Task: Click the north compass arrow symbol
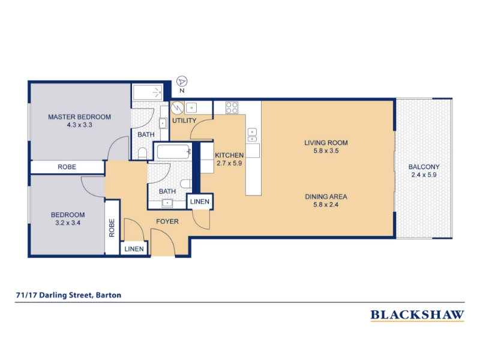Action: pyautogui.click(x=182, y=82)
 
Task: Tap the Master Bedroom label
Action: pyautogui.click(x=79, y=117)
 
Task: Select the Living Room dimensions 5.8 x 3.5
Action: pyautogui.click(x=326, y=151)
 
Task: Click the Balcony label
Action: pyautogui.click(x=424, y=167)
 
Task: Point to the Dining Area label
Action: pyautogui.click(x=326, y=197)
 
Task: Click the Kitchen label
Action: pyautogui.click(x=229, y=155)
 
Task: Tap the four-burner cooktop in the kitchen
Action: pyautogui.click(x=232, y=107)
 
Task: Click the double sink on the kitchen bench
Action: pyautogui.click(x=252, y=135)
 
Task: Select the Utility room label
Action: pyautogui.click(x=184, y=121)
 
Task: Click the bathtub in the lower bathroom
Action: pyautogui.click(x=173, y=152)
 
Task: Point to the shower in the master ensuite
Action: pyautogui.click(x=148, y=92)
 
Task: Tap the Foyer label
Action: pyautogui.click(x=167, y=221)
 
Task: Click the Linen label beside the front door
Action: pyautogui.click(x=134, y=249)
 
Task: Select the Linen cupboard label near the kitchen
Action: pyautogui.click(x=200, y=202)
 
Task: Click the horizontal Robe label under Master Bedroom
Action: pyautogui.click(x=67, y=167)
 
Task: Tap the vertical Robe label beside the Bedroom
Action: pyautogui.click(x=112, y=228)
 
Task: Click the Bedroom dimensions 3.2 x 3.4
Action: pyautogui.click(x=68, y=223)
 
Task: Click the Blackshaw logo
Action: pyautogui.click(x=417, y=316)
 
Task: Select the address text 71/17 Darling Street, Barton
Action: pyautogui.click(x=68, y=295)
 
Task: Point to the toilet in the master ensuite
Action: pyautogui.click(x=142, y=154)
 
